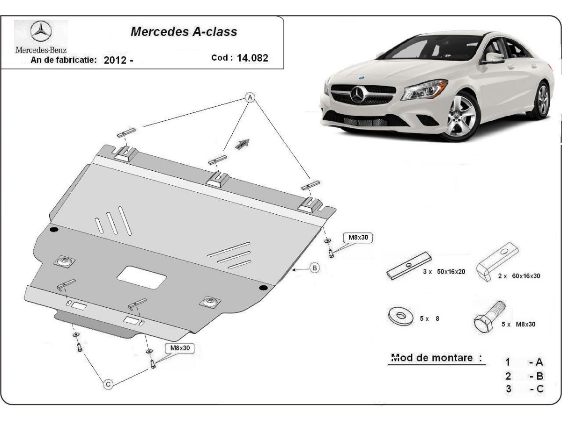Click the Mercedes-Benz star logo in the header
(41, 32)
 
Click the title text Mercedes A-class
(184, 32)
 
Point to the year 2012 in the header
(114, 60)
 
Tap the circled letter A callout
(250, 97)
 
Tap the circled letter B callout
(315, 268)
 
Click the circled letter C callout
(108, 384)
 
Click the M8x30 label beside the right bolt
(358, 238)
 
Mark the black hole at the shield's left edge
(53, 230)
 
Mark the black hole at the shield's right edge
(263, 287)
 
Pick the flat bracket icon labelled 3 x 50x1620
(408, 266)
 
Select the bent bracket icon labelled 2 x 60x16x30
(497, 261)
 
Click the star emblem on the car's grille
(358, 95)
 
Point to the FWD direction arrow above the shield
(242, 144)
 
